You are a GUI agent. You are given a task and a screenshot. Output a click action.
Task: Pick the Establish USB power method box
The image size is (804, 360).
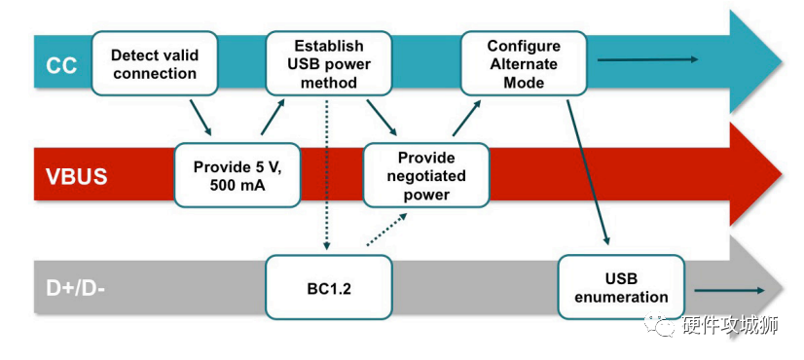328,63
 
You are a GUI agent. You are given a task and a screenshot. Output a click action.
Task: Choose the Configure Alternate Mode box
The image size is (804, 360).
523,63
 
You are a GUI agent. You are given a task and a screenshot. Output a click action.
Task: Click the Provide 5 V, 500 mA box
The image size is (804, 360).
236,176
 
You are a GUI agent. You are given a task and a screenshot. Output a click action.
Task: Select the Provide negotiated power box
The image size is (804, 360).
425,176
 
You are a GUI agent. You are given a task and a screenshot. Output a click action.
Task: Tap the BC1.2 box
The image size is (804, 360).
328,289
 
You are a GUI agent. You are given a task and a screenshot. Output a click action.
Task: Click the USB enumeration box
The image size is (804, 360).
620,287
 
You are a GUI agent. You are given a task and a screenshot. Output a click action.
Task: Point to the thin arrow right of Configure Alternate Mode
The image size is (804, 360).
647,60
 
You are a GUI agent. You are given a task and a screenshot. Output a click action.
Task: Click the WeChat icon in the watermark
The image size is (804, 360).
662,326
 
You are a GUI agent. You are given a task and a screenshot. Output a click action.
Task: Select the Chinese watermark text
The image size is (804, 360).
730,327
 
